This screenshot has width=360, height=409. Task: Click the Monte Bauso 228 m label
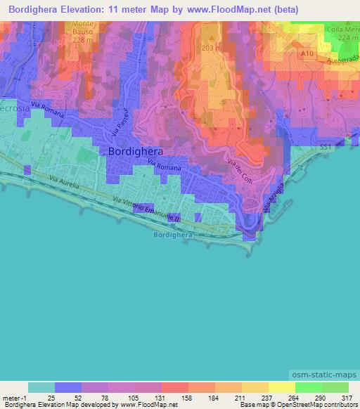[82, 32]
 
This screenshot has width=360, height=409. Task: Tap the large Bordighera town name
[136, 151]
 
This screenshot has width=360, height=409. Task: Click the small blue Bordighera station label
[172, 235]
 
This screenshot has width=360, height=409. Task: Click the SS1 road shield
[325, 148]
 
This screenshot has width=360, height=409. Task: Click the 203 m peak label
[212, 48]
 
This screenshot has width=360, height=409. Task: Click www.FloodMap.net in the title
[231, 10]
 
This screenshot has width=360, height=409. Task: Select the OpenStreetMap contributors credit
[314, 405]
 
